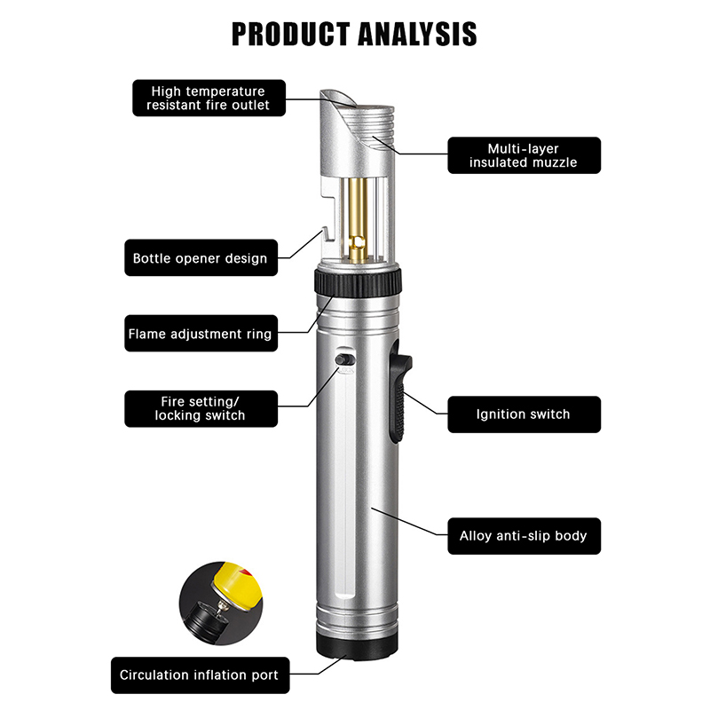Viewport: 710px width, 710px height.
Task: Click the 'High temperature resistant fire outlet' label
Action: (209, 98)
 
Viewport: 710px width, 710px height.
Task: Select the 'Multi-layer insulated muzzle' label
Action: (524, 155)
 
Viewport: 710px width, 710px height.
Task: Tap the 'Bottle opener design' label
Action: (201, 257)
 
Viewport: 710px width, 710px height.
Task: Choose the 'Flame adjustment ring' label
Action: (201, 334)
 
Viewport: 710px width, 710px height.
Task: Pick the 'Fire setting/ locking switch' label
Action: (201, 408)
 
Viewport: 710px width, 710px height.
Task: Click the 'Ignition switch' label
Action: (524, 414)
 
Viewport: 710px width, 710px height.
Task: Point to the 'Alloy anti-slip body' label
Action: (524, 536)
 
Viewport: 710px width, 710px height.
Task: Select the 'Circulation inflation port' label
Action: (200, 675)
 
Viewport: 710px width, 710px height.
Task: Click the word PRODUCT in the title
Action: (292, 34)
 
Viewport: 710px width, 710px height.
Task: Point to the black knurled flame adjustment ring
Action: (358, 282)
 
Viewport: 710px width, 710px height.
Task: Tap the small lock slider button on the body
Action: (345, 359)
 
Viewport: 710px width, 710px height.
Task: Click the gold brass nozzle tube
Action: (358, 217)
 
